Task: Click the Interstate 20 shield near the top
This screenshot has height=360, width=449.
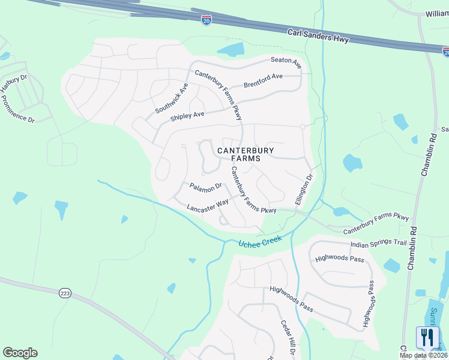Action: point(206,19)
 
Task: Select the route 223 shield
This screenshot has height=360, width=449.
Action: point(65,293)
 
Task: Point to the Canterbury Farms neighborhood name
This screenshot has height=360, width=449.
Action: point(246,154)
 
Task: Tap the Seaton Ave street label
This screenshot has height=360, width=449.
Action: point(286,61)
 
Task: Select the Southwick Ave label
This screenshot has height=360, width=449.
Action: point(172,98)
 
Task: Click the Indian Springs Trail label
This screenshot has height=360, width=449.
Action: point(379,242)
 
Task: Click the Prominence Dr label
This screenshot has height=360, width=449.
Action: point(18,112)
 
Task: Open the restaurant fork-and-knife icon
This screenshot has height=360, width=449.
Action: point(427,337)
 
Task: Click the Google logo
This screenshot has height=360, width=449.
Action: point(20,353)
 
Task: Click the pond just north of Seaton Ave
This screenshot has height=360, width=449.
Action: point(231,50)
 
